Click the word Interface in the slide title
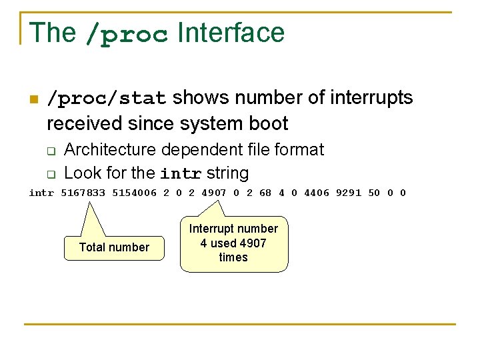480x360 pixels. [x=231, y=33]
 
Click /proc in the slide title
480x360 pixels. [x=127, y=34]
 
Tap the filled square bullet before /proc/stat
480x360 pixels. [x=33, y=100]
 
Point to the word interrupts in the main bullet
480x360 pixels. [x=375, y=98]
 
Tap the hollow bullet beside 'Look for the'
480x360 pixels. [x=50, y=175]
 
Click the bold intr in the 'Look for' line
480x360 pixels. [x=181, y=174]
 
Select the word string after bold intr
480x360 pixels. [x=227, y=173]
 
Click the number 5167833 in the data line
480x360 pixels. [x=83, y=193]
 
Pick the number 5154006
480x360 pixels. [x=134, y=193]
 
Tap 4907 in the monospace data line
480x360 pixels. [x=214, y=193]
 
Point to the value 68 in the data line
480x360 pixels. [x=265, y=193]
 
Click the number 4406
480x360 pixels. [x=316, y=193]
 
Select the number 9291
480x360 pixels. [x=348, y=193]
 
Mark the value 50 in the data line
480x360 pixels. [x=374, y=193]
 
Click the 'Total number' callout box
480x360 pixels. [x=114, y=247]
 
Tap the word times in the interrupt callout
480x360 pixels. [x=233, y=257]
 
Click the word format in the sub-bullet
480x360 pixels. [x=299, y=149]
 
